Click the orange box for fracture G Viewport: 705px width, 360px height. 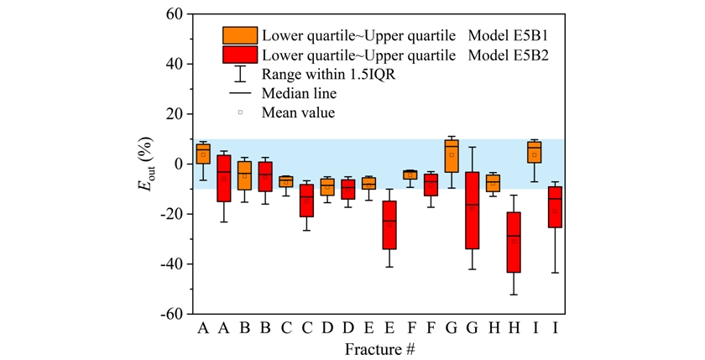tap(452, 155)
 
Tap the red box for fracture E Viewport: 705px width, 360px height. tap(389, 224)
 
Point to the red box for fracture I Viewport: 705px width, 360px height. tap(555, 206)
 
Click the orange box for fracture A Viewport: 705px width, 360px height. tap(203, 153)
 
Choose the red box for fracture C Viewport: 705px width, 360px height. tap(306, 201)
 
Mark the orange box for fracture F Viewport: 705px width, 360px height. tap(410, 175)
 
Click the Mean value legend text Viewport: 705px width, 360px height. tap(298, 112)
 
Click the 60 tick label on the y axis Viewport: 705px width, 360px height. tap(174, 14)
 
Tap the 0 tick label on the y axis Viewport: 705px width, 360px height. tap(178, 164)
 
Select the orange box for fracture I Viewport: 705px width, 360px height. tap(535, 152)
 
